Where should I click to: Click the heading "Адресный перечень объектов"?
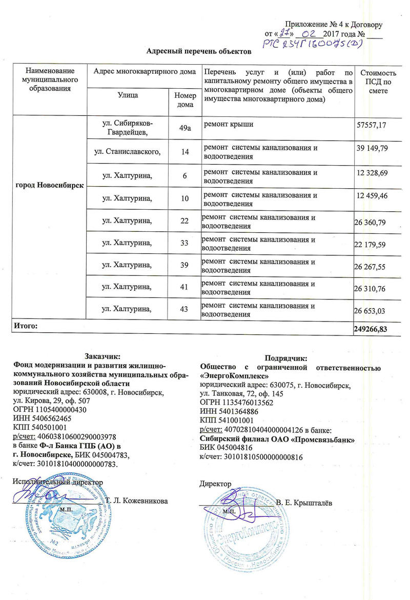pyautogui.click(x=199, y=52)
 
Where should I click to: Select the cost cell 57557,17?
pyautogui.click(x=371, y=126)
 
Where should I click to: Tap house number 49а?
pyautogui.click(x=182, y=127)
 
